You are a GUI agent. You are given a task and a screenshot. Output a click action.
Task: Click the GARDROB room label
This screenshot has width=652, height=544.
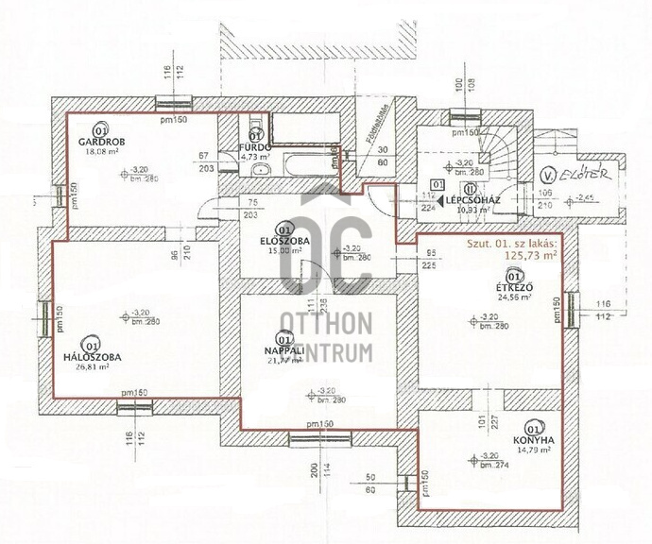pos(98,142)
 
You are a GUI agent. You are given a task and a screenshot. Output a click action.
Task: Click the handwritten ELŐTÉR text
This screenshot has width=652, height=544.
pos(591,174)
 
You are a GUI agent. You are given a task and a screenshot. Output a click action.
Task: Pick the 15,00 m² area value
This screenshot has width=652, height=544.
pos(283,250)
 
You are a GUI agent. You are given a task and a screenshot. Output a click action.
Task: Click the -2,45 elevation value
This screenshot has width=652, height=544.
pos(590,199)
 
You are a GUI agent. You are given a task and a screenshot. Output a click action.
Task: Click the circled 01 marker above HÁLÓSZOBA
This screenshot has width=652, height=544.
pos(91,345)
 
